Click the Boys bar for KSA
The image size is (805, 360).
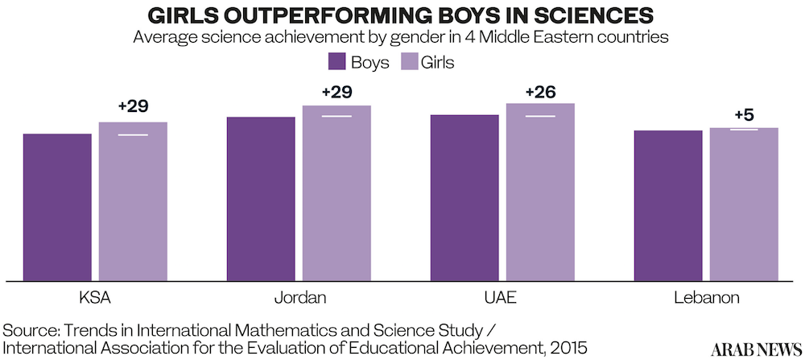tap(57, 207)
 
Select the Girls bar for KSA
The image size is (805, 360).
tap(133, 201)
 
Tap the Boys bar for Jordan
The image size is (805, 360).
tap(261, 199)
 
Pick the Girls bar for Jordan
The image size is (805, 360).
tap(336, 193)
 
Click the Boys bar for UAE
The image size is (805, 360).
tap(464, 198)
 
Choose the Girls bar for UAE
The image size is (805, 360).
tap(540, 192)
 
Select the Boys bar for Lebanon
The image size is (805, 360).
tap(668, 205)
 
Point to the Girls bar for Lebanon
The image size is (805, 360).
tap(744, 204)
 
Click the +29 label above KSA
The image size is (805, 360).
tap(134, 106)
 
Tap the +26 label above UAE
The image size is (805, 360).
tap(540, 92)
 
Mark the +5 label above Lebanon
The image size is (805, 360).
tap(744, 115)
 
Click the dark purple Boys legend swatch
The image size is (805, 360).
tap(337, 62)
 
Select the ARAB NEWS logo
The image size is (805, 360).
tap(753, 347)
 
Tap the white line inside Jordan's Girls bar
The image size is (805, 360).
tap(336, 117)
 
